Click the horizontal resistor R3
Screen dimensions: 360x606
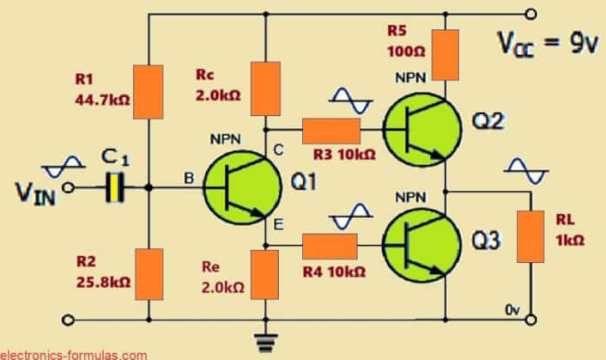tap(331, 131)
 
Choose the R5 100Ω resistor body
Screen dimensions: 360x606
tap(445, 54)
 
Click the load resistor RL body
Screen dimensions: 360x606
tap(529, 235)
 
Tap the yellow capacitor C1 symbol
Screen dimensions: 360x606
tap(112, 187)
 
